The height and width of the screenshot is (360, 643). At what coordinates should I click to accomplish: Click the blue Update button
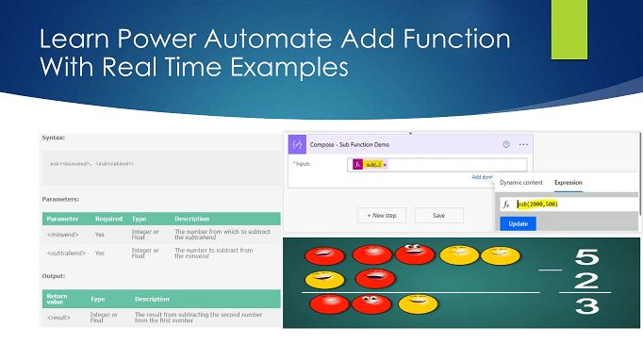click(517, 223)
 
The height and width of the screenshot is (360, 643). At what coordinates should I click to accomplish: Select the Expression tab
click(568, 182)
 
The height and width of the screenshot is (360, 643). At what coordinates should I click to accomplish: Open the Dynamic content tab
click(521, 182)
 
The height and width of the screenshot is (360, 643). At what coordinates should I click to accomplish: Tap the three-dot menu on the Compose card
click(524, 144)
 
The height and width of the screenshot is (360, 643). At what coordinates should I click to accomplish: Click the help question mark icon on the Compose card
click(506, 144)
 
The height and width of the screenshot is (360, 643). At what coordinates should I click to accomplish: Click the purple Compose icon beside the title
click(297, 144)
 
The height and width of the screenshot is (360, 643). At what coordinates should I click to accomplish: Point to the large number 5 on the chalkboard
click(586, 256)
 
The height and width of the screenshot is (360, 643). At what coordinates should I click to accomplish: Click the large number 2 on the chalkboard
click(585, 280)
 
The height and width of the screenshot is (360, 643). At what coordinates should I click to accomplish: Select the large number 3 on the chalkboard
click(586, 305)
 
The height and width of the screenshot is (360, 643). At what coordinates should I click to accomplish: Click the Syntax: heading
click(54, 138)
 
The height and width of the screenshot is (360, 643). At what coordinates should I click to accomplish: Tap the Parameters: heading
click(60, 199)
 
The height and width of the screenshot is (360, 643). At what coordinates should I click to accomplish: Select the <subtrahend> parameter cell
click(64, 253)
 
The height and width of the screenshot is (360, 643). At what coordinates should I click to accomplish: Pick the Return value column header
click(58, 299)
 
